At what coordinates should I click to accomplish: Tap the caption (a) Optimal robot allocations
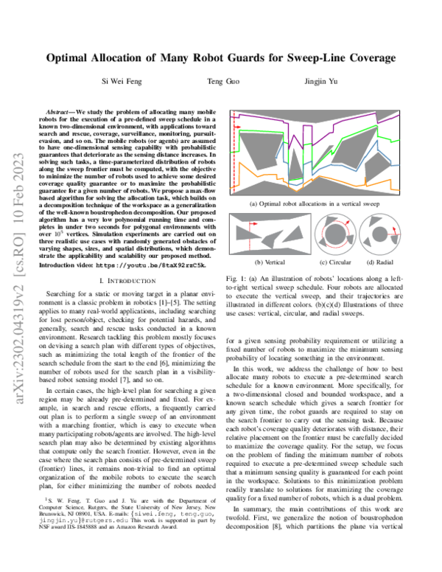pyautogui.click(x=313, y=201)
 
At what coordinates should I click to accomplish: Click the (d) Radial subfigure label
pyautogui.click(x=379, y=260)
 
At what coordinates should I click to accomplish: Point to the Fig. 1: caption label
pyautogui.click(x=237, y=276)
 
